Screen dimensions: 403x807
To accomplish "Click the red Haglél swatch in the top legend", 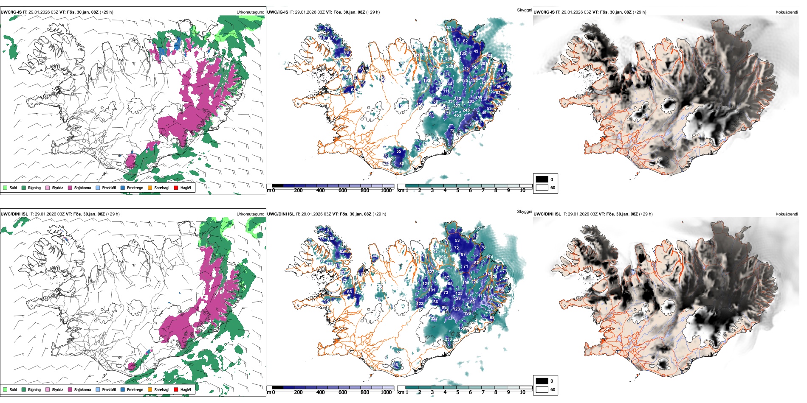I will tap(176, 188).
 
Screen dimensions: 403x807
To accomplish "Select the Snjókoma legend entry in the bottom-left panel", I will tap(82, 389).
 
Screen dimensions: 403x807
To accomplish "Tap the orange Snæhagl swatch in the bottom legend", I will tap(150, 389).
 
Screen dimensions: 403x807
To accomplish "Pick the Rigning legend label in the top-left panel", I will tap(34, 188).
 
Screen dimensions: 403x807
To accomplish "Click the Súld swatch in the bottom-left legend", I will tap(5, 389).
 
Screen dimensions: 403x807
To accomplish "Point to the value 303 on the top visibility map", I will tap(448, 28).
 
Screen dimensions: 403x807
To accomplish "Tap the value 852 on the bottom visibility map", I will tap(479, 228).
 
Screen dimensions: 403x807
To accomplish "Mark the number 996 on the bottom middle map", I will tap(443, 257).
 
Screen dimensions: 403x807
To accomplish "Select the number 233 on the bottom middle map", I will tap(449, 339).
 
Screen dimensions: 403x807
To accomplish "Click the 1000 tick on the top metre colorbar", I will tap(386, 190).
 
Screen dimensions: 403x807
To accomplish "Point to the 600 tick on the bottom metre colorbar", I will tap(343, 392).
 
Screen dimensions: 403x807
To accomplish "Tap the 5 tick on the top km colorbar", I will tap(458, 190).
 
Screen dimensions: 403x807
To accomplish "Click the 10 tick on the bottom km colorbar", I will tap(522, 392).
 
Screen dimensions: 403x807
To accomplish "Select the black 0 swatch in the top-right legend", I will tap(542, 179).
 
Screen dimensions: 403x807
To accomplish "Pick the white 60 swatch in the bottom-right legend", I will tap(542, 389).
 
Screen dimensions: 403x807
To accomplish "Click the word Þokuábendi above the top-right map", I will tap(787, 12).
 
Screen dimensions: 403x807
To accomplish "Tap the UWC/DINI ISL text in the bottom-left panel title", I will tap(14, 214).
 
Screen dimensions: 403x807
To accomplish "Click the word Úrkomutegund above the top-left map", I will tap(250, 12).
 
